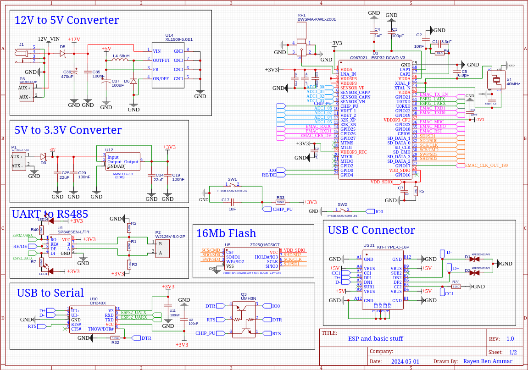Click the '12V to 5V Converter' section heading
click(67, 20)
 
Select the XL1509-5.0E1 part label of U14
click(179, 40)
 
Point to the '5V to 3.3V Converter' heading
click(68, 130)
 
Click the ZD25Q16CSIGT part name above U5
click(265, 245)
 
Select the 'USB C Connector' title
click(371, 230)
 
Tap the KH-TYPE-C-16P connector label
click(393, 247)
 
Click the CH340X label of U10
click(98, 303)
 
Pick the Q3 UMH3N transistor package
click(244, 319)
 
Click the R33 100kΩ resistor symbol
click(280, 202)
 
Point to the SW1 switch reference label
click(232, 179)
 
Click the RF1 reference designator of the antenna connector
click(301, 15)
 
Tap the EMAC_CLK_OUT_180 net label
click(486, 165)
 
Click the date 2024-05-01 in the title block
click(405, 361)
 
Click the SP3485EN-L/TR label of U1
click(73, 232)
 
